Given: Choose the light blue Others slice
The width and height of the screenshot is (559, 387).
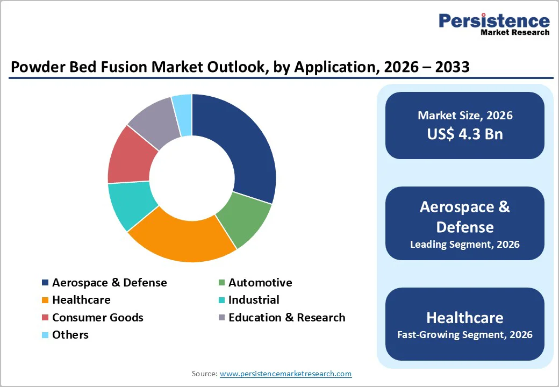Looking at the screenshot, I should (183, 106).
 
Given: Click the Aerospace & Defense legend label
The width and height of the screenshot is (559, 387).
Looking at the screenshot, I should (109, 283).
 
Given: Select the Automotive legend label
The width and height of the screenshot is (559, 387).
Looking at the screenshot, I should (260, 283).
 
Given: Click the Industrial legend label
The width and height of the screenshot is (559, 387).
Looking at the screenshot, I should (254, 300).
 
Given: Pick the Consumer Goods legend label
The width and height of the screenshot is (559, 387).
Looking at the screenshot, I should (97, 318).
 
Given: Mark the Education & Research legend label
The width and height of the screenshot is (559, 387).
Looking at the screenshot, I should (286, 318).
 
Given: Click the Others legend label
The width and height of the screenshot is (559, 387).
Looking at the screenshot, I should (70, 335).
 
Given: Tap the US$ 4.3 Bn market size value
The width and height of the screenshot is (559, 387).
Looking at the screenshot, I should (465, 134).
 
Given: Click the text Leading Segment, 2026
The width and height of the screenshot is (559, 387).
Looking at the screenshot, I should (465, 245).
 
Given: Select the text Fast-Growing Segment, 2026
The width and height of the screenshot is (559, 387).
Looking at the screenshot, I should (465, 335).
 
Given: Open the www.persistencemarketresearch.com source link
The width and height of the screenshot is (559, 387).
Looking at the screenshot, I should (285, 374).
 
